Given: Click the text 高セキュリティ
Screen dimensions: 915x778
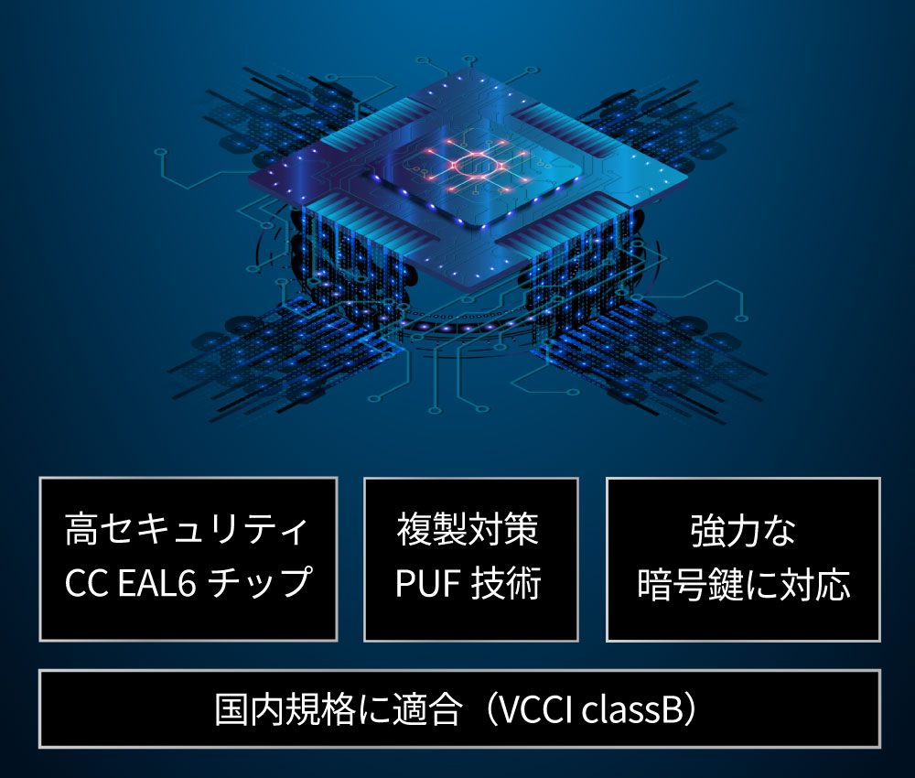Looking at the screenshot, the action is click(x=186, y=529).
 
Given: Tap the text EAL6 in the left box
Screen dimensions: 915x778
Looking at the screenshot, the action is click(x=156, y=583).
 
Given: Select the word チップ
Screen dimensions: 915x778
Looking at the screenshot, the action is click(x=260, y=582).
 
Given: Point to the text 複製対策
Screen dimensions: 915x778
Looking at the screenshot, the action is click(x=468, y=529).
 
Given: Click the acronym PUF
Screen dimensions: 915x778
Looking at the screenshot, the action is click(x=428, y=582).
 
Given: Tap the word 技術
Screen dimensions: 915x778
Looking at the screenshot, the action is click(x=506, y=582).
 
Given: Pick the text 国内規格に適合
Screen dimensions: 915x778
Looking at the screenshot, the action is click(x=339, y=709).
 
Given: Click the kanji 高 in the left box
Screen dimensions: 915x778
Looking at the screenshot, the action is click(x=81, y=529).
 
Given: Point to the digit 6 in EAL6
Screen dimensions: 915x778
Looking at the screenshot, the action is click(x=186, y=583).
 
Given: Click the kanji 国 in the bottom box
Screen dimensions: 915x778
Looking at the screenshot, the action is click(x=232, y=709).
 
